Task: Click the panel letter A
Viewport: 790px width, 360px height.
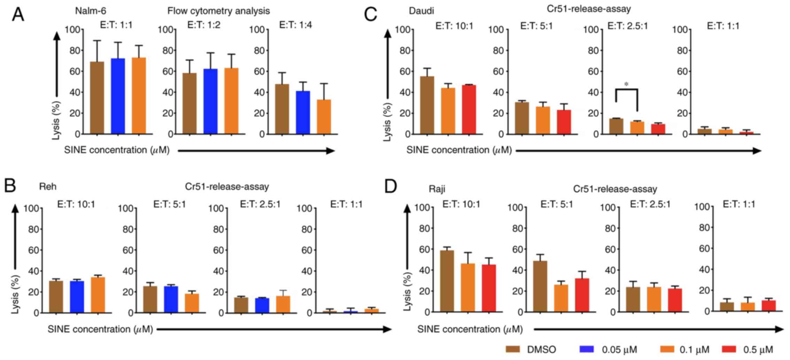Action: point(18,15)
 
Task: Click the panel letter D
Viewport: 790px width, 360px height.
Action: point(391,187)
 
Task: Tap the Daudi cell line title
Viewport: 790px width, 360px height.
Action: point(421,11)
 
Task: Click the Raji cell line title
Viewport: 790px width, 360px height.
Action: point(437,189)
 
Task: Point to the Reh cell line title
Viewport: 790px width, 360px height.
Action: point(48,187)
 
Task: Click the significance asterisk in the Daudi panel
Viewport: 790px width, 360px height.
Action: point(627,84)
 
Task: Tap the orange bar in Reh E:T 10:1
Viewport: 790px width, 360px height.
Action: point(98,295)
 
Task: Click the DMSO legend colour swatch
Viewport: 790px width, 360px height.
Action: point(513,350)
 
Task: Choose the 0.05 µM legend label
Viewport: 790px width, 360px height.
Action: point(620,350)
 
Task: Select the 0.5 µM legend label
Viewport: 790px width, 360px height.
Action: point(758,350)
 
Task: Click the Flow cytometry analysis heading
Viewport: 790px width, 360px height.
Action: point(218,11)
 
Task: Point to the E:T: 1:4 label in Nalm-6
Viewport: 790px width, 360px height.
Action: point(295,25)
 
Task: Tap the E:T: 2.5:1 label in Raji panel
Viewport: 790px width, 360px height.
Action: point(650,204)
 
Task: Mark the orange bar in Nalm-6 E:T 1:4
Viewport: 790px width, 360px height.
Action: point(324,117)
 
